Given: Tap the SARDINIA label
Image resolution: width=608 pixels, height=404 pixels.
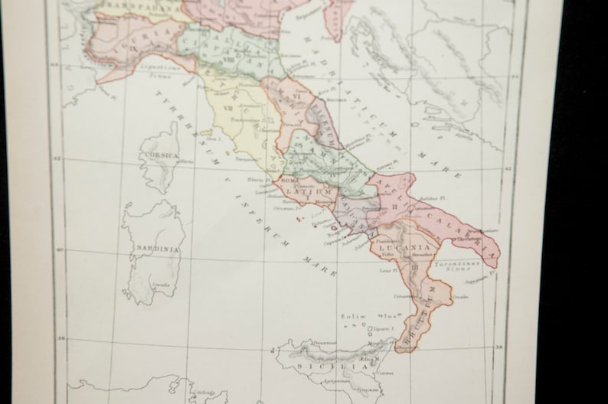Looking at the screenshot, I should [x=156, y=249].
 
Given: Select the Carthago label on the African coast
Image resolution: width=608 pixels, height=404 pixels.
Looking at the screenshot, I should [x=205, y=393].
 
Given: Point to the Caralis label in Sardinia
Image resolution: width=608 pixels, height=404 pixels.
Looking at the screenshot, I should [x=160, y=285].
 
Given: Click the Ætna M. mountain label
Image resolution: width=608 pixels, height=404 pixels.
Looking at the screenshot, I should [x=371, y=360].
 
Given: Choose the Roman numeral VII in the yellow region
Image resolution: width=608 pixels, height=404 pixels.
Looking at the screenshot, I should [x=227, y=109].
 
